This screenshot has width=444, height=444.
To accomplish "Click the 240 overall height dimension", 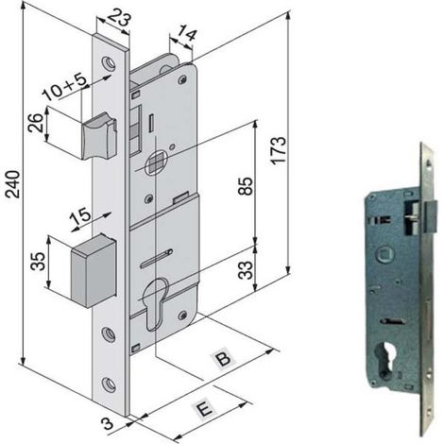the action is pyautogui.click(x=13, y=184).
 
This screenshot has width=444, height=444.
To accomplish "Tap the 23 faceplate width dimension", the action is pyautogui.click(x=119, y=17).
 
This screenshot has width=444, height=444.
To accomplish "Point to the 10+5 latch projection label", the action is pyautogui.click(x=65, y=87).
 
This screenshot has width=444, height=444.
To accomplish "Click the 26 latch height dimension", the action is pyautogui.click(x=36, y=123).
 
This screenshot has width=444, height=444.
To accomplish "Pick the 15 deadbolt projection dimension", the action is pyautogui.click(x=80, y=217).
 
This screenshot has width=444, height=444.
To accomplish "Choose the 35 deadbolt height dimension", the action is pyautogui.click(x=38, y=261).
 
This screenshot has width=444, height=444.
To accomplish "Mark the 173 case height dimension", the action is pyautogui.click(x=280, y=150).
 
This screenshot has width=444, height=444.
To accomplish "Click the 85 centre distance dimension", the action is pyautogui.click(x=246, y=186).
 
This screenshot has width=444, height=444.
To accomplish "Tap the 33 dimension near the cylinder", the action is pyautogui.click(x=246, y=270).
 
